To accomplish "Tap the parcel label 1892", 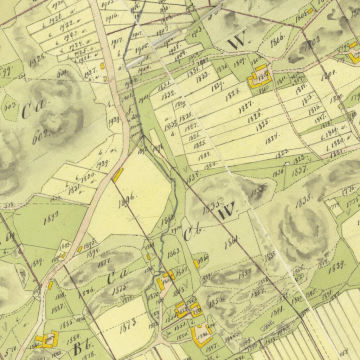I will (x=52, y=218).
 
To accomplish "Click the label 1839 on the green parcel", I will (x=336, y=268).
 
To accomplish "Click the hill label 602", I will (x=40, y=136).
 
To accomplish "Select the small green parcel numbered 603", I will (x=8, y=107).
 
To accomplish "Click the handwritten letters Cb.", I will (x=192, y=234).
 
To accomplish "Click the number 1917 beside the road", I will (x=116, y=42).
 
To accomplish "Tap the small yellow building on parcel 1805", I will (x=310, y=11).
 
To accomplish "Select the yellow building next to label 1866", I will (x=196, y=264).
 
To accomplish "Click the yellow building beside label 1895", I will (x=80, y=249).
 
